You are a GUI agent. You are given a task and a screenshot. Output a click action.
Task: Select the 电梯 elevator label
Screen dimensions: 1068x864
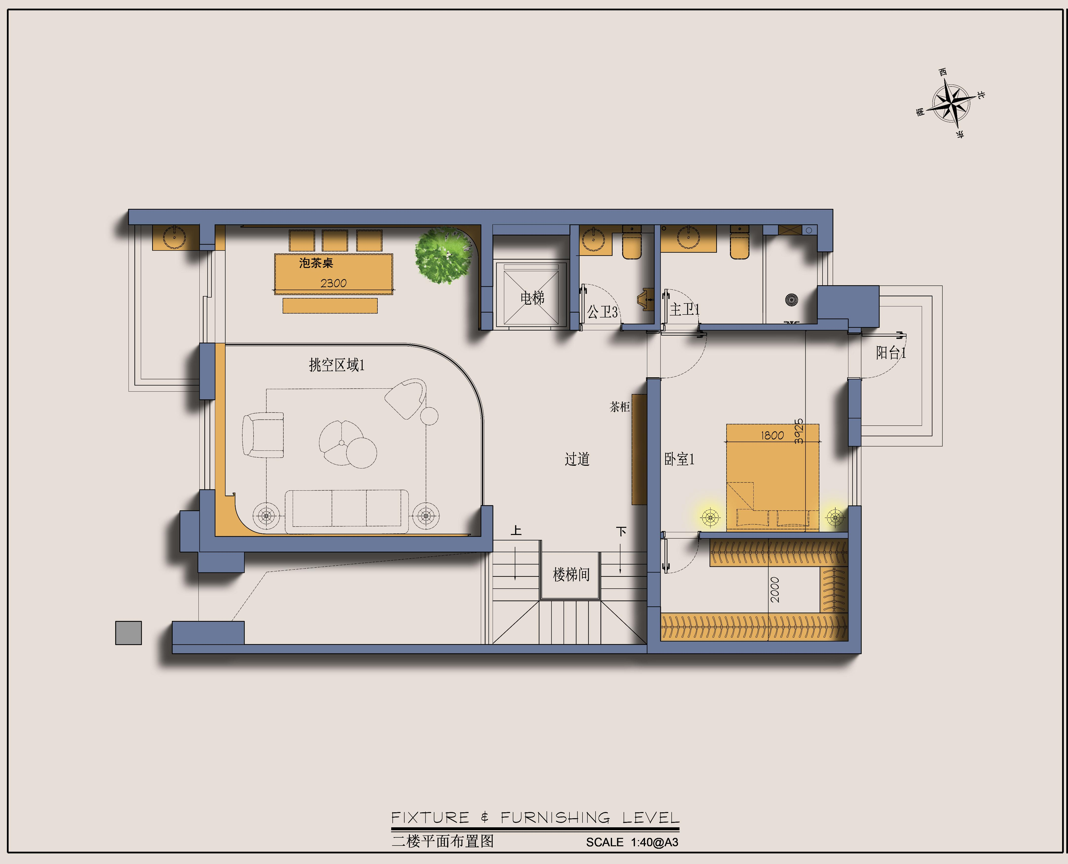click(x=532, y=298)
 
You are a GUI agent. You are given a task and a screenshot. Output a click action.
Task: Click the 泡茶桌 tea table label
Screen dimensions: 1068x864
click(x=316, y=263)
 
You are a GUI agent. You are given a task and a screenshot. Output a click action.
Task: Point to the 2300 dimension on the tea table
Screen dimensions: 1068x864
click(x=333, y=283)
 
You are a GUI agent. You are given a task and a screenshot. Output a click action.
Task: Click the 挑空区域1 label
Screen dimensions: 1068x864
click(x=337, y=365)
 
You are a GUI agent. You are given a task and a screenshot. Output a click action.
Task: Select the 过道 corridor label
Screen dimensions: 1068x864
click(x=577, y=459)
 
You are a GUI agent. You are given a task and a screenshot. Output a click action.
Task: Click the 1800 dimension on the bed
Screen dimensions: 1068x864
click(x=772, y=435)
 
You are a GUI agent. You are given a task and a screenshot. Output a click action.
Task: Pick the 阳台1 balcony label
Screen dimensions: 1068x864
click(x=891, y=353)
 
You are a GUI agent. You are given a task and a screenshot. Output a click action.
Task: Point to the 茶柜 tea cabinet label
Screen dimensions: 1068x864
click(x=620, y=407)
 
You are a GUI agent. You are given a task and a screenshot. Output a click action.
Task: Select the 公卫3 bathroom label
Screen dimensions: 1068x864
click(x=602, y=312)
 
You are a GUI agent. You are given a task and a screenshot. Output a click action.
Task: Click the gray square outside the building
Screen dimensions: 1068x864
click(x=128, y=632)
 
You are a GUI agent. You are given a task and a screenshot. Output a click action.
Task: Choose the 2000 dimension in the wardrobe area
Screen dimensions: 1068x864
click(x=775, y=590)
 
